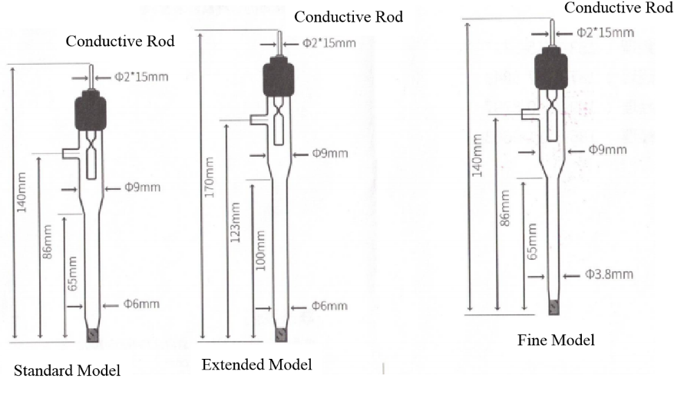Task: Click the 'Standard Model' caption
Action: (68, 371)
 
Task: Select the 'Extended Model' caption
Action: (256, 363)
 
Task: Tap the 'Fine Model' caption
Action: (556, 340)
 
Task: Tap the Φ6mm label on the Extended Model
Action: (330, 307)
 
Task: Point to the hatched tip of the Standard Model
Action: (94, 335)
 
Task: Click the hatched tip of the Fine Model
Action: (554, 307)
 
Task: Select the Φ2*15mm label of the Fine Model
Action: (605, 32)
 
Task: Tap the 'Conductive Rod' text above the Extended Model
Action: (348, 16)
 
